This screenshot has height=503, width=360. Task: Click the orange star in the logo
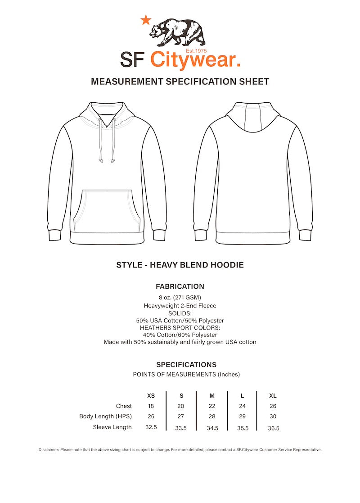coord(146,20)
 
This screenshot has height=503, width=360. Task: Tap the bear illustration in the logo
coord(177,32)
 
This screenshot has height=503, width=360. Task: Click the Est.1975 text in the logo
coord(196,51)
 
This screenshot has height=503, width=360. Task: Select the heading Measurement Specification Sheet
coord(180,82)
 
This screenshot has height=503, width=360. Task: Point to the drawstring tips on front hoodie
coord(107,160)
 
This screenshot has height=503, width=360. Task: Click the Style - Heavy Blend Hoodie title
coord(180,265)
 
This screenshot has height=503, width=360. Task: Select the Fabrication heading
coord(180,286)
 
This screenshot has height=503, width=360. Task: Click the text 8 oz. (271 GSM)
coord(180,297)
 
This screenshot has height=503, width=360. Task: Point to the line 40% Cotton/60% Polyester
coord(180,335)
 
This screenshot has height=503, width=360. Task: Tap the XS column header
coord(151,396)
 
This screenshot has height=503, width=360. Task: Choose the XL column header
coord(273,396)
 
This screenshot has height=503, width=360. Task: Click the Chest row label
coord(124,406)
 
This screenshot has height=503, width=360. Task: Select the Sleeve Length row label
coord(112,427)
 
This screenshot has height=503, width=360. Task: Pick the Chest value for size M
coord(212,406)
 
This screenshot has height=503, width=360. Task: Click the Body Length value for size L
coord(243,417)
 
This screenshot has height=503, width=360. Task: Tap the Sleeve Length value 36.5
coord(274,428)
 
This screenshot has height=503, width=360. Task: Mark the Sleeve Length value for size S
coord(181,428)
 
